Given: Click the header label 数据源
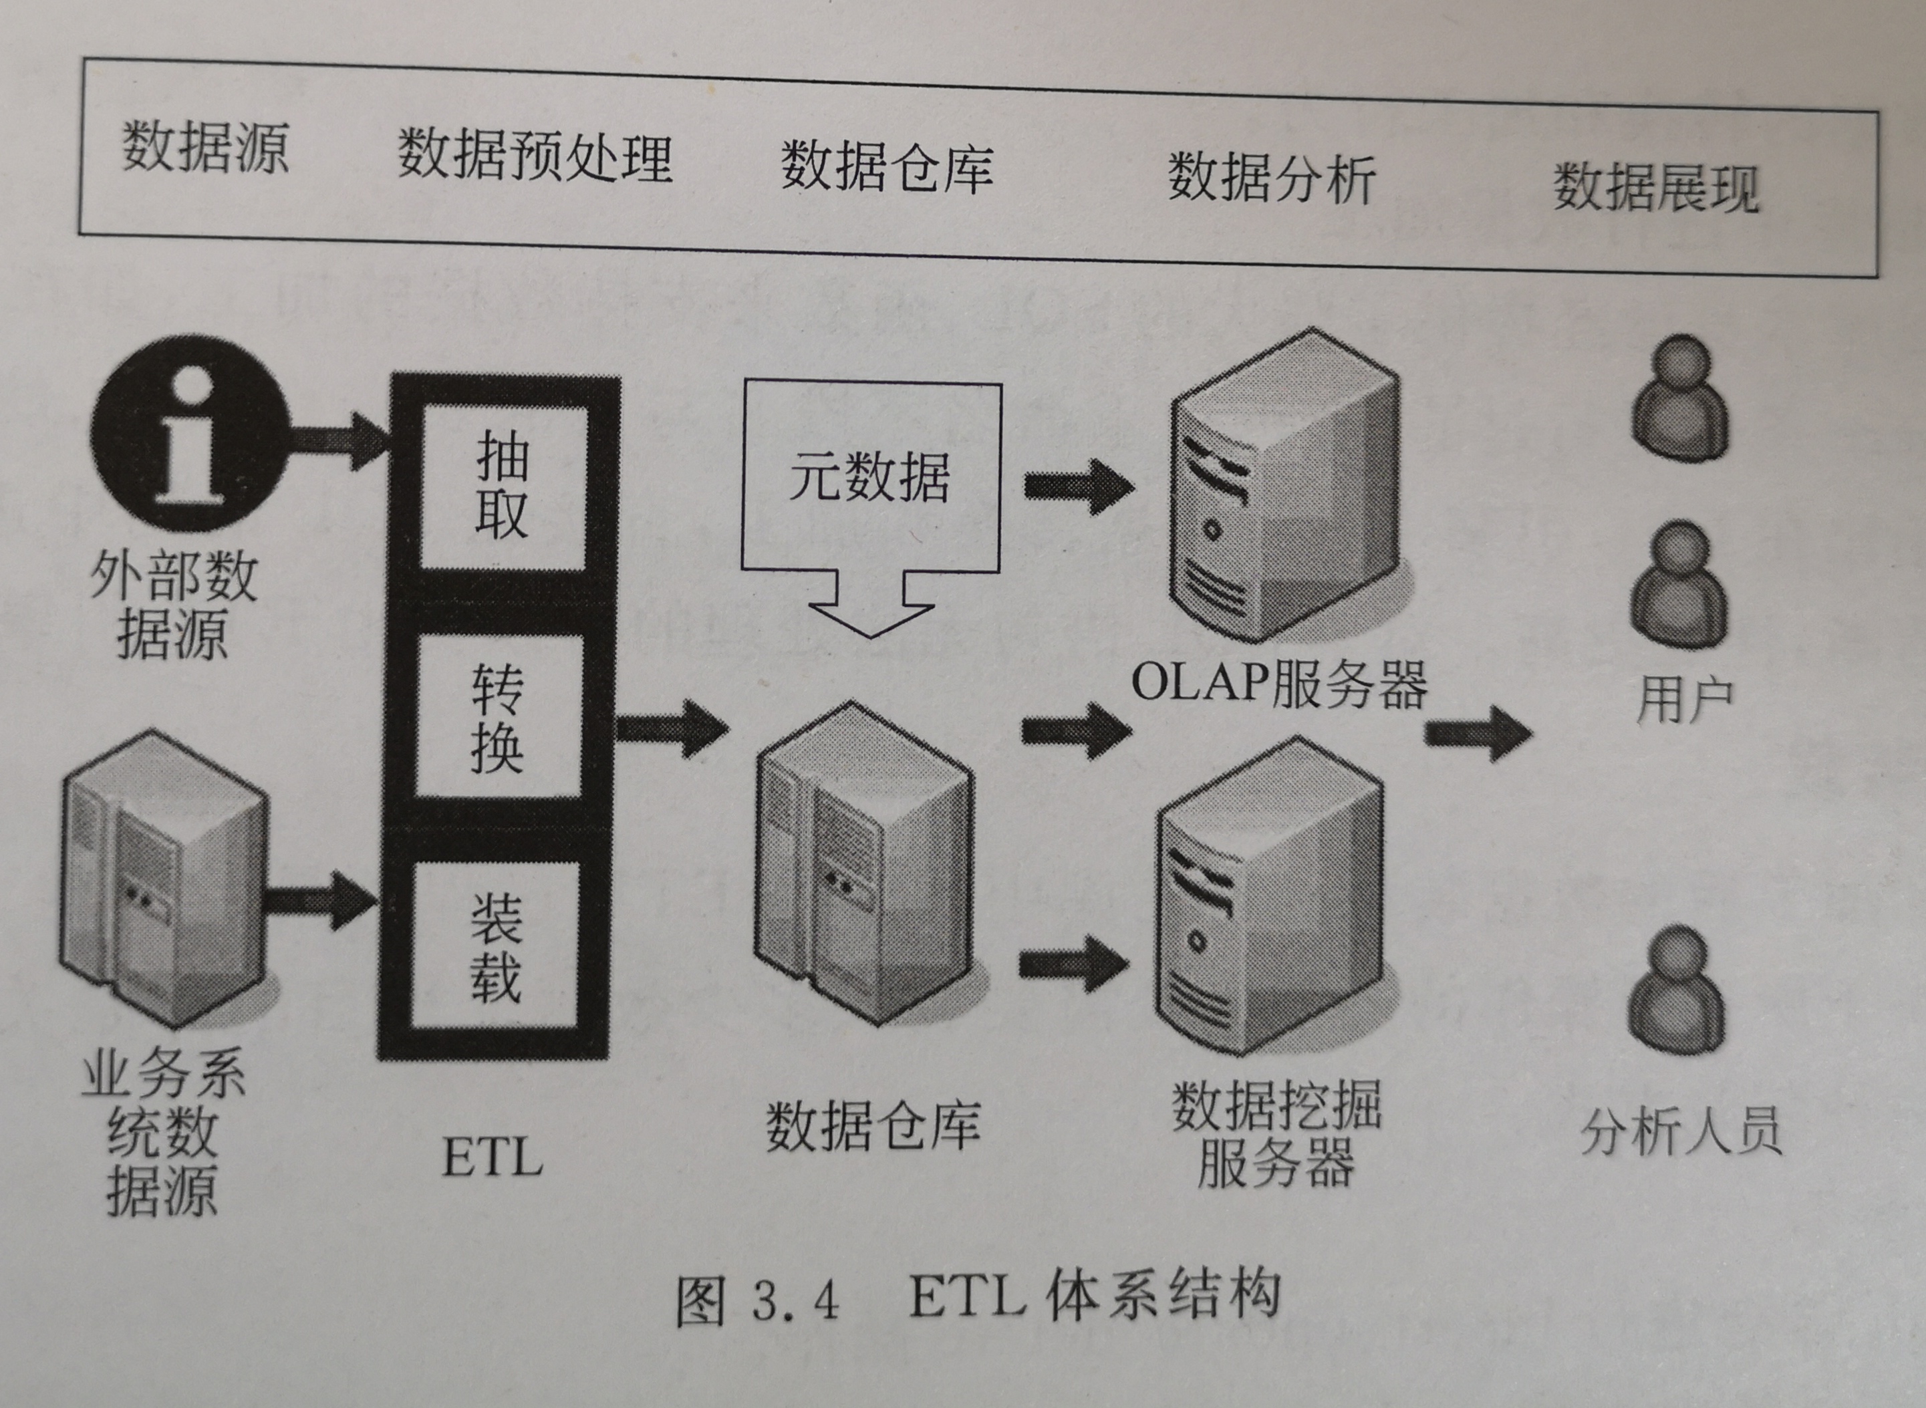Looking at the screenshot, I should (205, 146).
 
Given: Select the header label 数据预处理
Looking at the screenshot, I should (535, 157).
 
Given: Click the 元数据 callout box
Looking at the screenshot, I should (869, 477).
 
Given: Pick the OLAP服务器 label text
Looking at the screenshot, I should (1278, 684).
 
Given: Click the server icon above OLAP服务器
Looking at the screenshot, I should (1282, 486).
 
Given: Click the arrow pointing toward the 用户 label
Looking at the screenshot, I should (1479, 733).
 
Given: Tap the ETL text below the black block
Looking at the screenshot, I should (493, 1157).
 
